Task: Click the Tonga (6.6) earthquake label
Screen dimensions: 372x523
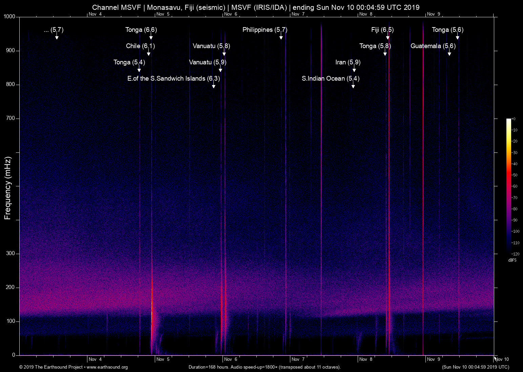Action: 141,30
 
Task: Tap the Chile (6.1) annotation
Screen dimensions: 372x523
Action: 140,46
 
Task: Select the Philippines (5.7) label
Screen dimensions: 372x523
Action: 265,30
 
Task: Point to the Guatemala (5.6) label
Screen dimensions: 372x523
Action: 433,46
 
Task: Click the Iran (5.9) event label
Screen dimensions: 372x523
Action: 348,62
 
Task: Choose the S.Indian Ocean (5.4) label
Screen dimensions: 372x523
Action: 330,79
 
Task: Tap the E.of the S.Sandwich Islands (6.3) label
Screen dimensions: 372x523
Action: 173,79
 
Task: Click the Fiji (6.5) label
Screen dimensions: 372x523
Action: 382,30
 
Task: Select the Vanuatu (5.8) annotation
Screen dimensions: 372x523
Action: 211,46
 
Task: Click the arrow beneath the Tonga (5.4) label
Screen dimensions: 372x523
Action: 139,69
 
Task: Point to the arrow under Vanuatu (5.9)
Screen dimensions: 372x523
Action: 220,69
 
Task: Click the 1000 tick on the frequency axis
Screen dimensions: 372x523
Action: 9,17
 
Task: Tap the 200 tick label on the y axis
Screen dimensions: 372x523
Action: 11,287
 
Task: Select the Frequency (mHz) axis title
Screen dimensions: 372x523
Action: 7,188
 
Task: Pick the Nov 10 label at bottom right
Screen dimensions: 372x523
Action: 502,359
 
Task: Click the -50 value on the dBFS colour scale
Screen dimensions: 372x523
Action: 515,175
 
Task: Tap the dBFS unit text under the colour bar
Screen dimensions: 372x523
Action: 512,260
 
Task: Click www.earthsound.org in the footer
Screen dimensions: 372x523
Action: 107,367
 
